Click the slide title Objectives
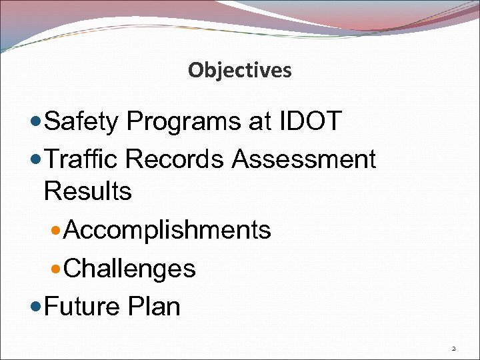pos(239,70)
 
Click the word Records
pos(177,159)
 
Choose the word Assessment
pos(305,159)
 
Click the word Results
pos(87,191)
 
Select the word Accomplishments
pos(168,230)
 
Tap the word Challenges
pos(130,269)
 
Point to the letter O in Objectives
pos(194,70)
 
